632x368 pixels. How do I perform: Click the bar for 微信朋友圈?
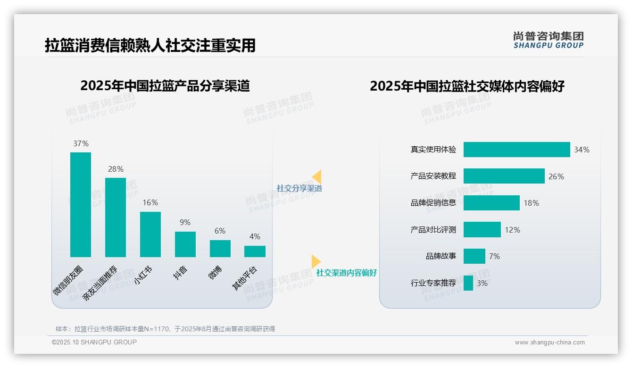[81, 204]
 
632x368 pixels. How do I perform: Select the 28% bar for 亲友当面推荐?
[116, 217]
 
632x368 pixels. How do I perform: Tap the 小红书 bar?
[150, 234]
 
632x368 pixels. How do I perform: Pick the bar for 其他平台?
[255, 251]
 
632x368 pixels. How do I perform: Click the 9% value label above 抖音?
[185, 222]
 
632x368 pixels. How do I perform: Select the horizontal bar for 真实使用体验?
[516, 150]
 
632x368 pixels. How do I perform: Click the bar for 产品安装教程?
[504, 176]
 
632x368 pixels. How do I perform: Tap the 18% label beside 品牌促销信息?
[531, 203]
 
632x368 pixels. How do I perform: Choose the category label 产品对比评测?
[433, 230]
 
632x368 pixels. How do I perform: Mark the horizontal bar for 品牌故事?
[474, 256]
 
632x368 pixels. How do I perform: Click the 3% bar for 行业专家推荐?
[468, 283]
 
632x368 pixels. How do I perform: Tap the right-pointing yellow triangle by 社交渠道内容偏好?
[316, 261]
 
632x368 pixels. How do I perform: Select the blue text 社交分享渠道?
[299, 188]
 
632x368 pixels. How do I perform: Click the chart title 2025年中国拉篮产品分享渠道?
[165, 86]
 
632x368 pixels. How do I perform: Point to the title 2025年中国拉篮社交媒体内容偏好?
[467, 86]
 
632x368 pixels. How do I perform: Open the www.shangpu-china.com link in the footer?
[549, 343]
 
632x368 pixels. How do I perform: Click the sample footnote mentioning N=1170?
[165, 329]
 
